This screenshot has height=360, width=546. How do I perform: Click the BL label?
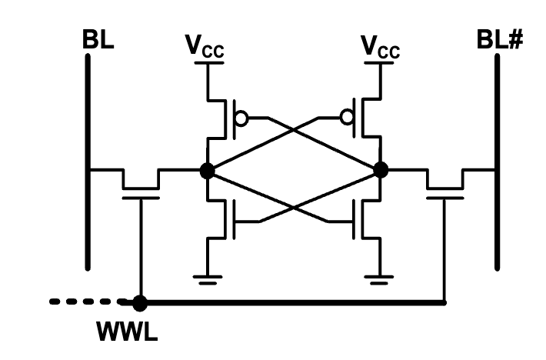coord(98,41)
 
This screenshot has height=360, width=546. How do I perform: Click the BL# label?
coord(501,41)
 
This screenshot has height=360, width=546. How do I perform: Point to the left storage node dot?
coord(206,171)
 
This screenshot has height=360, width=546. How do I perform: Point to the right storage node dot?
coord(380,171)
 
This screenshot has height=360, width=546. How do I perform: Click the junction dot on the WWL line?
coord(140,302)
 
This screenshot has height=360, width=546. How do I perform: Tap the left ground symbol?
coord(207,278)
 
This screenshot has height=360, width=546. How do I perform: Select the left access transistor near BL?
coord(140,185)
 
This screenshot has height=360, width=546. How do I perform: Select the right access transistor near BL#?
coord(444,185)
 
